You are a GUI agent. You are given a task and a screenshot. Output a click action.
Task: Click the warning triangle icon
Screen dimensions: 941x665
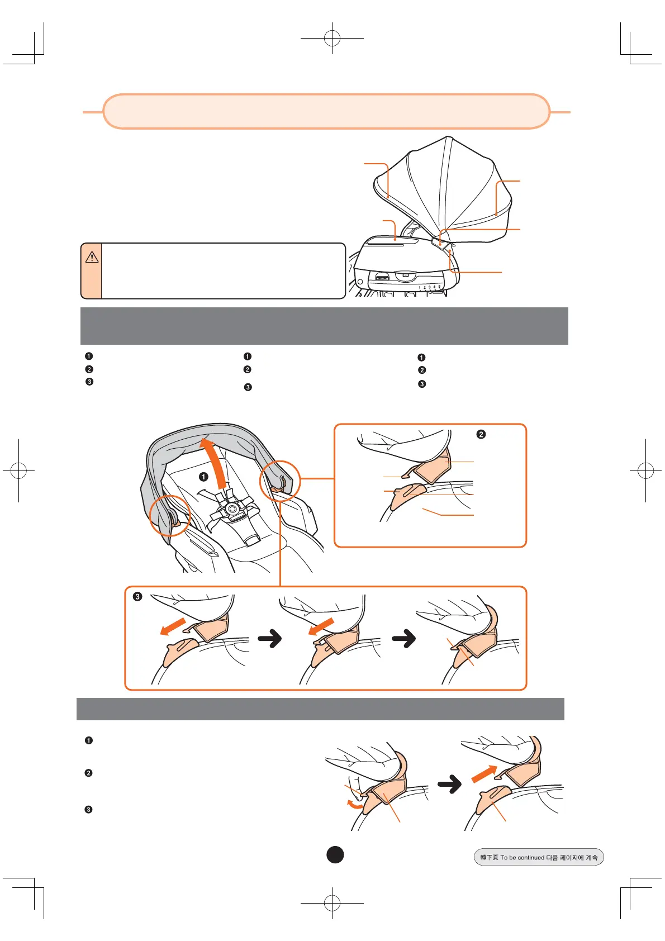pyautogui.click(x=92, y=257)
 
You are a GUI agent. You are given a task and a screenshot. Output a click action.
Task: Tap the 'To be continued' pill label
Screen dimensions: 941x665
pyautogui.click(x=539, y=857)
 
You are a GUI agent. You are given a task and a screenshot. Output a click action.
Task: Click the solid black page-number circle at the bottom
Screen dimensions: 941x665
pyautogui.click(x=335, y=854)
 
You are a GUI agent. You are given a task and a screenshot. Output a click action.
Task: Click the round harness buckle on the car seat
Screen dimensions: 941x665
pyautogui.click(x=231, y=509)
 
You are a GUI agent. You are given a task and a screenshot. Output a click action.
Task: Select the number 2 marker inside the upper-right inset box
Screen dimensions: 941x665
pyautogui.click(x=481, y=434)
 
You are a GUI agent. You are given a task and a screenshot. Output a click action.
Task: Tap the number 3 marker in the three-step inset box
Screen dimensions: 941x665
pyautogui.click(x=137, y=596)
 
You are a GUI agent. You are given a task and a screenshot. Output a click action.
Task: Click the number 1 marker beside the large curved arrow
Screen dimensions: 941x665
pyautogui.click(x=203, y=477)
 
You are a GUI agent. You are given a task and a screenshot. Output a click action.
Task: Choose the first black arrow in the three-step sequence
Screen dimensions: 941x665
pyautogui.click(x=270, y=638)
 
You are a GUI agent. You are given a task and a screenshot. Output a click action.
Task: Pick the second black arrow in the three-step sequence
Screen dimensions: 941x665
pyautogui.click(x=405, y=638)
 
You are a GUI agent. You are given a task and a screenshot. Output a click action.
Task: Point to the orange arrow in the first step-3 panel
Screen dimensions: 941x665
pyautogui.click(x=173, y=626)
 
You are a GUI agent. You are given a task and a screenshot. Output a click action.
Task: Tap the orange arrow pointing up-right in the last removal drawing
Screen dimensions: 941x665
pyautogui.click(x=483, y=774)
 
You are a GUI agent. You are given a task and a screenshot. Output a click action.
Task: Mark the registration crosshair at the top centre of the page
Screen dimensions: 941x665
pyautogui.click(x=332, y=38)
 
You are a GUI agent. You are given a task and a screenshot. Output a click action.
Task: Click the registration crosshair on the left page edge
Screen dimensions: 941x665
pyautogui.click(x=18, y=470)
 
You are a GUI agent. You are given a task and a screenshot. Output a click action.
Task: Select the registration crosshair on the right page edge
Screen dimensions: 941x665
pyautogui.click(x=645, y=470)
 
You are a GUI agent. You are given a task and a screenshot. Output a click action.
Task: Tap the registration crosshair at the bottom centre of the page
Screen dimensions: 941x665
pyautogui.click(x=332, y=902)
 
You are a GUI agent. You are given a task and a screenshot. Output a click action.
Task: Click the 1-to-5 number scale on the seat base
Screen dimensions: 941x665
pyautogui.click(x=430, y=287)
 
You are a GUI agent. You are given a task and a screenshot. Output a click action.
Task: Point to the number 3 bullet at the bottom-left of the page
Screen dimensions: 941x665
pyautogui.click(x=88, y=810)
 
